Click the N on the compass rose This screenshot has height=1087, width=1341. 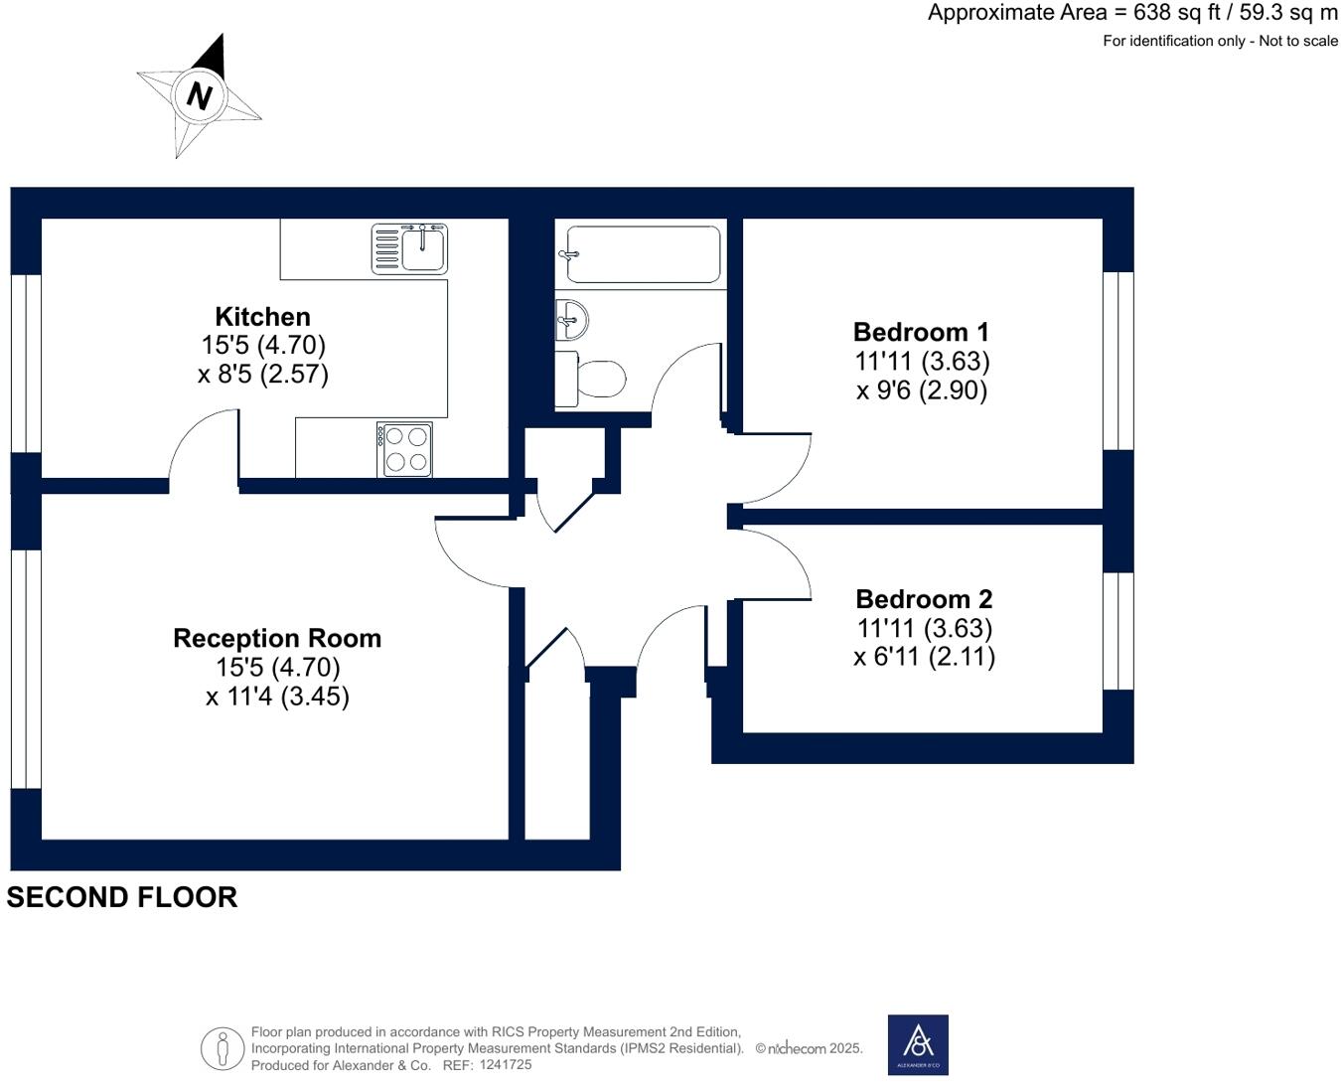point(199,96)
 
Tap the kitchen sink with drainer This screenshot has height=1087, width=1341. point(409,248)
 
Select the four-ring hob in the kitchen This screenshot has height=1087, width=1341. point(404,450)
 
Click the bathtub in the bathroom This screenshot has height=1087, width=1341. point(642,254)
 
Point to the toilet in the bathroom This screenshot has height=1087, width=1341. point(591,379)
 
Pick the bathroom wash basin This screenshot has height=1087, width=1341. point(571,319)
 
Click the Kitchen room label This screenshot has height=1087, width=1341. point(262,316)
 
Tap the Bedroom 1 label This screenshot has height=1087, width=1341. point(921,332)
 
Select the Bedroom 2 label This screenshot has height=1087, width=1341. point(924,599)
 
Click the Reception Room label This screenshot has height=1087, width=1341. point(278,638)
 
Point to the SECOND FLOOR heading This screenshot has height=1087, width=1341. point(122,897)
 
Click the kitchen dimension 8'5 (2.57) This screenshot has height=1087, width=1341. point(263,374)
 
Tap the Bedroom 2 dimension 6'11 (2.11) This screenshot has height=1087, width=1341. point(924,657)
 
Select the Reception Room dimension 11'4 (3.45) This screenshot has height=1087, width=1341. point(278,697)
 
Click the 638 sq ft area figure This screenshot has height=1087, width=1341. point(1177,13)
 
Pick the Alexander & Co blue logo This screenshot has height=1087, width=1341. point(918,1045)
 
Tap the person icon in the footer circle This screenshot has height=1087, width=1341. point(223,1049)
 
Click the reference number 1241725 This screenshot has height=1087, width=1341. point(506,1064)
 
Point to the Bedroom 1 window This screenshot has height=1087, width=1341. point(1118,361)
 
